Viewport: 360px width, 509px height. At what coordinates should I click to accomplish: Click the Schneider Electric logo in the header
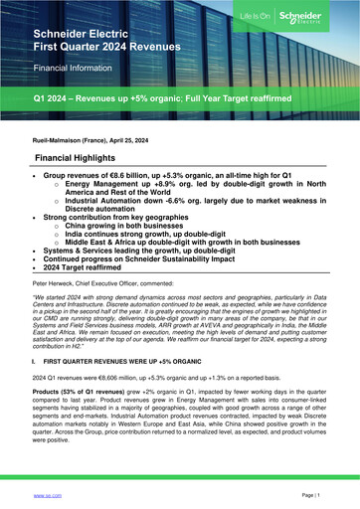pos(316,19)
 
